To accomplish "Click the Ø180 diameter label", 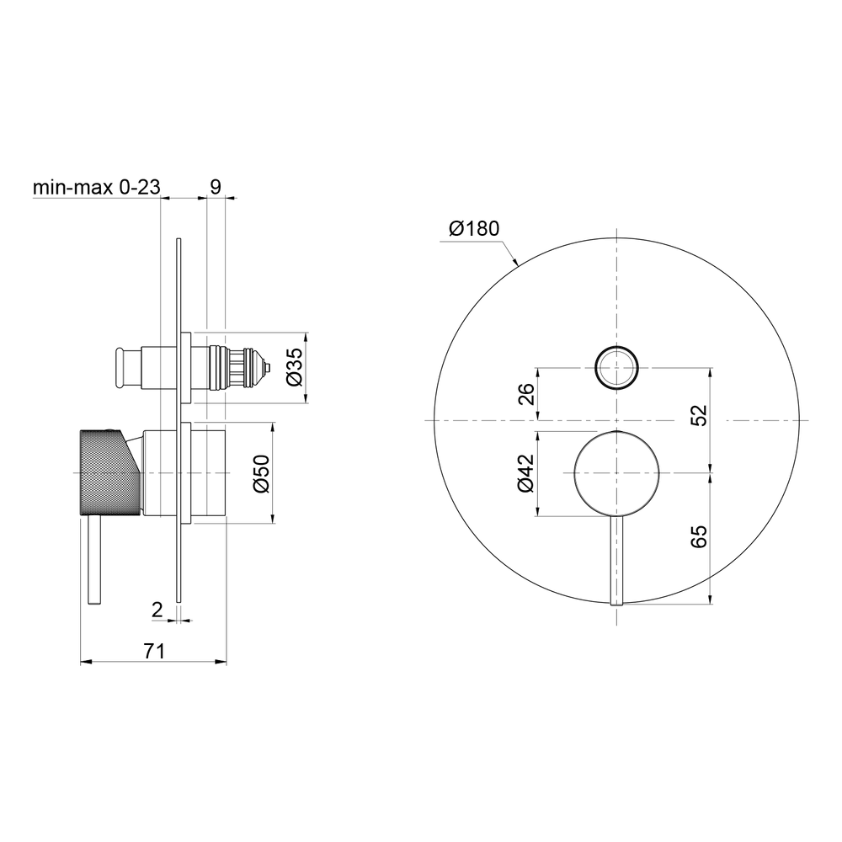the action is point(474,229).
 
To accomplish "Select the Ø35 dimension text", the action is point(295,366).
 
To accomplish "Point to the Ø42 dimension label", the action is point(525,472).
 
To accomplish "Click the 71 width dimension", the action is point(153,651).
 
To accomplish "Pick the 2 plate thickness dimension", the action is point(157,610).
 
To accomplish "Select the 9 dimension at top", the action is point(216,187).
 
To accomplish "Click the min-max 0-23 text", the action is point(97,187).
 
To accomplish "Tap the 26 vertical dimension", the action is point(526,393).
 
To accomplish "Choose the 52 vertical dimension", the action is point(699,415).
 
